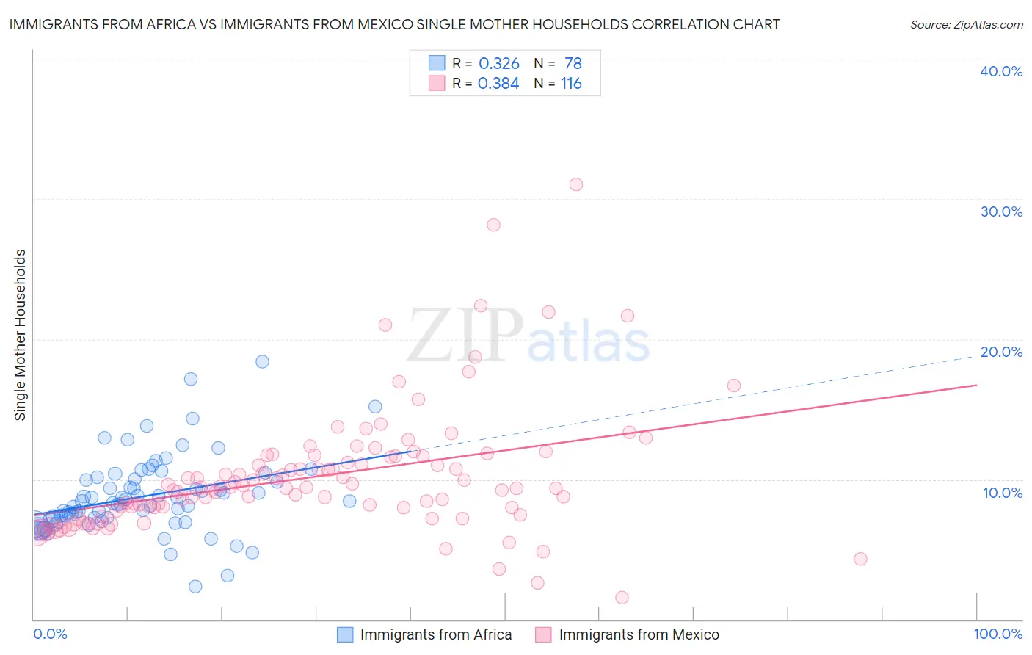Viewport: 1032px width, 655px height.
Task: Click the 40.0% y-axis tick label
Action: (x=1001, y=71)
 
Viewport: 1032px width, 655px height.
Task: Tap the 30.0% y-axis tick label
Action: (x=1001, y=211)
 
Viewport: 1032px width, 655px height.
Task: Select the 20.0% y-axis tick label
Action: (x=1001, y=352)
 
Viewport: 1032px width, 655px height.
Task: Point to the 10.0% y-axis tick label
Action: (x=1003, y=493)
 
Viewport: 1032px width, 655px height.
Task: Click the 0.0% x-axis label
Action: (x=50, y=634)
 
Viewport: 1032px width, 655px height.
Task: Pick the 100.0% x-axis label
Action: (x=998, y=634)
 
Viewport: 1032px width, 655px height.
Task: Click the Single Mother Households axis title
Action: (x=21, y=335)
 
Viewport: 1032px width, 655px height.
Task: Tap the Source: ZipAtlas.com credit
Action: (x=966, y=25)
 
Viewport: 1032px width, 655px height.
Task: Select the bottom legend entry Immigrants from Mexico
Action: (x=639, y=634)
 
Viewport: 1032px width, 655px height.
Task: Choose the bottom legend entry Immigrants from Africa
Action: (x=436, y=634)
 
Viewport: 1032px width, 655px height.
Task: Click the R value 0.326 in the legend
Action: (x=499, y=64)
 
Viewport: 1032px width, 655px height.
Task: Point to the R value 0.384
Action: (x=498, y=84)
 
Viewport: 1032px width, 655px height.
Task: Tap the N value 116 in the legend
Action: (x=571, y=84)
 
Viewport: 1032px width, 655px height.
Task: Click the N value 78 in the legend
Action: (x=573, y=64)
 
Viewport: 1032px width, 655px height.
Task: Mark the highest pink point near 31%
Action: (x=576, y=184)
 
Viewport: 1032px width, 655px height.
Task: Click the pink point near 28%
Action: (x=493, y=225)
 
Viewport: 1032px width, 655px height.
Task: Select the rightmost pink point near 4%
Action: (x=860, y=559)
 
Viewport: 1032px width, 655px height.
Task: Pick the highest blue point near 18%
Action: (x=262, y=361)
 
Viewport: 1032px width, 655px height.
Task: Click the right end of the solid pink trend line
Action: (x=976, y=385)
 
